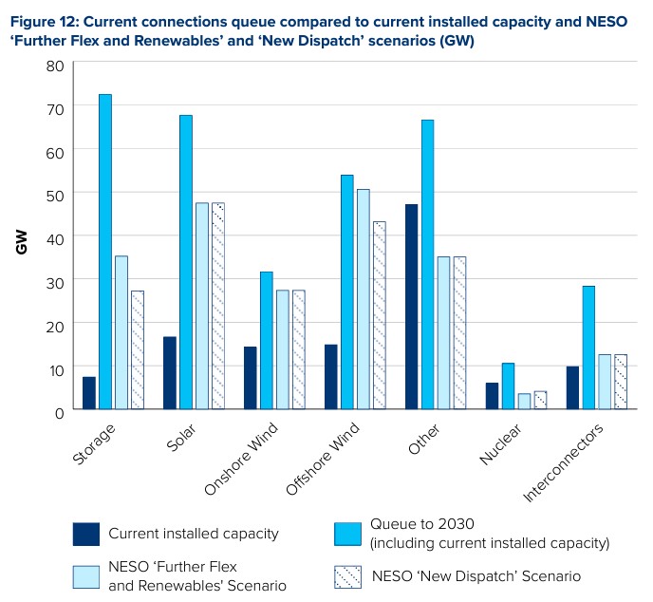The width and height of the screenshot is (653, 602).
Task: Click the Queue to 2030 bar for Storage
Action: pyautogui.click(x=104, y=252)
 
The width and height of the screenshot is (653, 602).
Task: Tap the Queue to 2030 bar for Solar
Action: pyautogui.click(x=185, y=262)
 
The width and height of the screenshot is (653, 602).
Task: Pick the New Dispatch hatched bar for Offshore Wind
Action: pyautogui.click(x=379, y=315)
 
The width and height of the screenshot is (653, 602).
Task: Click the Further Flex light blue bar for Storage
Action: pyautogui.click(x=121, y=332)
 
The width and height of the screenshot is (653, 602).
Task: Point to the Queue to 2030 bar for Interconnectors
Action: pyautogui.click(x=588, y=348)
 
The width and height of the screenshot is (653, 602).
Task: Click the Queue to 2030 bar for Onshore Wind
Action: pyautogui.click(x=266, y=341)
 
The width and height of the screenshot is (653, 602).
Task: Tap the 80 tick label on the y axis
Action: pyautogui.click(x=55, y=66)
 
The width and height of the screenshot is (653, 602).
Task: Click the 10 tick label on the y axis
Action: pyautogui.click(x=55, y=368)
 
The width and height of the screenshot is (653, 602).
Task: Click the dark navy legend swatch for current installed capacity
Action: pyautogui.click(x=86, y=534)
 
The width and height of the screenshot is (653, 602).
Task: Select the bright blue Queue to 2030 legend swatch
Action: pyautogui.click(x=347, y=534)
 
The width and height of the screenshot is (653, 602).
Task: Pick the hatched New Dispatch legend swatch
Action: pyautogui.click(x=347, y=576)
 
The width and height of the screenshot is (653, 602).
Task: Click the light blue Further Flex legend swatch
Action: pyautogui.click(x=86, y=576)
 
